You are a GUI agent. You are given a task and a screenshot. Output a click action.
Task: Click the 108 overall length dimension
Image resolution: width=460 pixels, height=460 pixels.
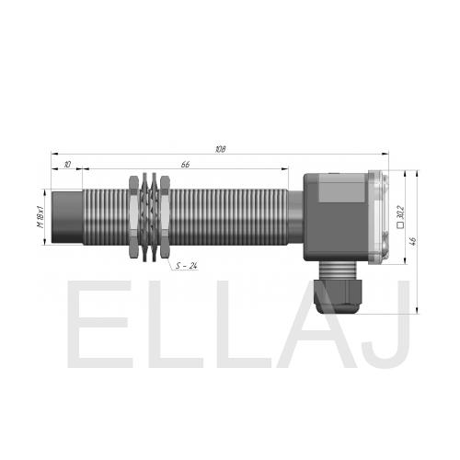(221, 149)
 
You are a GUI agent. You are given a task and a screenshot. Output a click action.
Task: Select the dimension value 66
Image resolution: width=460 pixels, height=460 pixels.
(185, 165)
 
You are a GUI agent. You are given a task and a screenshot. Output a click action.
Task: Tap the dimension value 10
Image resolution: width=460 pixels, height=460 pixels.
(67, 165)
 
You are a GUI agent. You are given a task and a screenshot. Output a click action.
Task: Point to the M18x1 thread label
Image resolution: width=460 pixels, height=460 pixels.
(40, 217)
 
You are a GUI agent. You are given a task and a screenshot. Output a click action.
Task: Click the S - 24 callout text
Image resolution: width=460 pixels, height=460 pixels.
(186, 266)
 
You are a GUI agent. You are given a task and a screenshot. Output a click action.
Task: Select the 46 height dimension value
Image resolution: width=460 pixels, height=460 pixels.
(413, 241)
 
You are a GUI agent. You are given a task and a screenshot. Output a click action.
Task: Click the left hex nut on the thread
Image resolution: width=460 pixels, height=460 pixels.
(134, 217)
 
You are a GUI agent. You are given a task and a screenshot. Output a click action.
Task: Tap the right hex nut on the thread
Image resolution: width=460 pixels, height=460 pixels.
(165, 217)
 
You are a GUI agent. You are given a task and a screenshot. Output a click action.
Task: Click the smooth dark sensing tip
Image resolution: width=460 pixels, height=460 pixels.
(67, 217)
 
